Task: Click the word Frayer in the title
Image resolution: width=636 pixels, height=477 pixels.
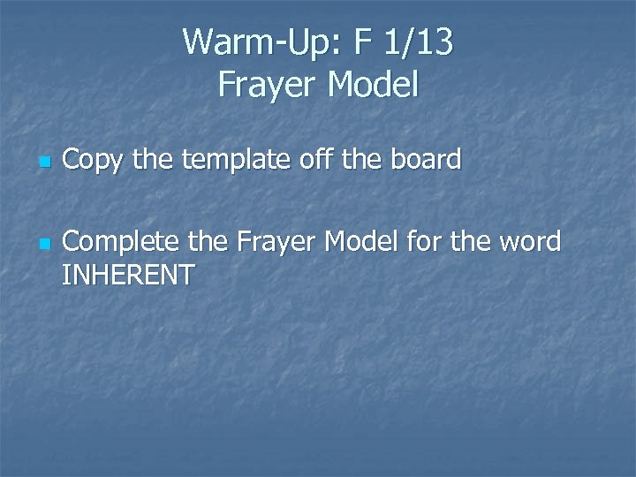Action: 267,86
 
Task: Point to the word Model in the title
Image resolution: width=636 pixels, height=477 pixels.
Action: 372,86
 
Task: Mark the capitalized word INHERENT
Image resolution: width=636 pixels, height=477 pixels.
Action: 128,276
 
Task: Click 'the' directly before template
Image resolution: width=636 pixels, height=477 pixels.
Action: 155,160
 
